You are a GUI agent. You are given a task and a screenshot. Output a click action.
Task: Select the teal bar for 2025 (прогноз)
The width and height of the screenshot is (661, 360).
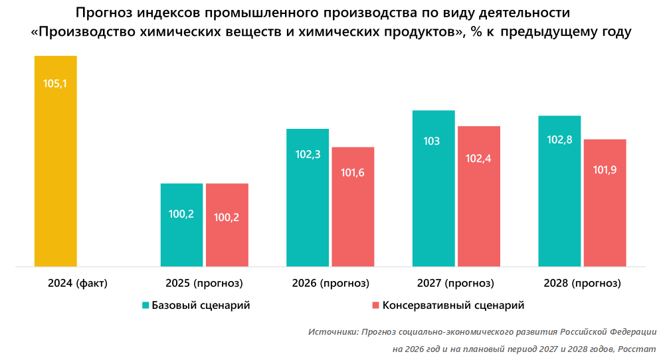point(181,225)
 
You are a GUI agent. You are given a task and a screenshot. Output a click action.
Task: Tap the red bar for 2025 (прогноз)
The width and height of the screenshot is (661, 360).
point(227,225)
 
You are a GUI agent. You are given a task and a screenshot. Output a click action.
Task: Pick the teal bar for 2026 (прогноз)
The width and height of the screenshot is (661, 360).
point(308,197)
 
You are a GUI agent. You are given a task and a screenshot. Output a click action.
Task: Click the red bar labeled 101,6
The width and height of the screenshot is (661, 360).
point(353,207)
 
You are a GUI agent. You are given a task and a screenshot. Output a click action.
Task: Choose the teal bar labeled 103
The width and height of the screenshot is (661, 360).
point(433,188)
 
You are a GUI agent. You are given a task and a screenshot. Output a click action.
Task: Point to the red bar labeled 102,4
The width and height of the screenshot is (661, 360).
point(478,196)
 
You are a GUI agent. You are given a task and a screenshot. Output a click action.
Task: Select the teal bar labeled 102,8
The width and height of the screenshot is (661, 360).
point(559,191)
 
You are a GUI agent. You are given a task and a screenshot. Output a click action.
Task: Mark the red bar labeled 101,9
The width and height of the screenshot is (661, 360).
point(605,203)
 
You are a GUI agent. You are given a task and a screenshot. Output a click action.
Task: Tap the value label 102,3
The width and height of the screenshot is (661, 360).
point(308,154)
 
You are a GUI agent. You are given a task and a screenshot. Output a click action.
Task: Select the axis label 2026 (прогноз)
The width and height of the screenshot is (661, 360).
point(330,284)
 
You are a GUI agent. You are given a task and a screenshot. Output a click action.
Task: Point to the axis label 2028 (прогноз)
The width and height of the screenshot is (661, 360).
point(582,284)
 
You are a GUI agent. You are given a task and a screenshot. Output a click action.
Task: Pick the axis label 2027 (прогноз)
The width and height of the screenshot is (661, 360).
point(456,284)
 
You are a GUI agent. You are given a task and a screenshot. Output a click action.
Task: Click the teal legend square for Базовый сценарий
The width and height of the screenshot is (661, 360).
point(145,306)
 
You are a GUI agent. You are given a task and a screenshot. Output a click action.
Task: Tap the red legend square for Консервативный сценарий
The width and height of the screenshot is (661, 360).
point(375,306)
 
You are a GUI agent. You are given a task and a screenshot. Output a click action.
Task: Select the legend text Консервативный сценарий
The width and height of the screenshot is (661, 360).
point(453,306)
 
